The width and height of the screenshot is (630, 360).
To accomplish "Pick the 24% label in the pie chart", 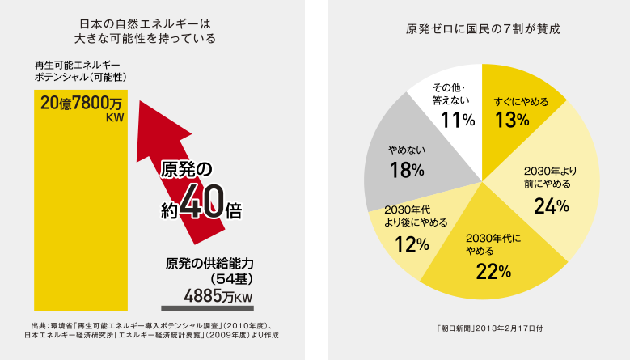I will coord(552,206).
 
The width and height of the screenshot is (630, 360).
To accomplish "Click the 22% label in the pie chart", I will coord(492,271).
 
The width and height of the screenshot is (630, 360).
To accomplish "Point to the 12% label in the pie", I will coord(411,242).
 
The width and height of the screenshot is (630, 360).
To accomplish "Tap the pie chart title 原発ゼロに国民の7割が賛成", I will coord(483,28).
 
